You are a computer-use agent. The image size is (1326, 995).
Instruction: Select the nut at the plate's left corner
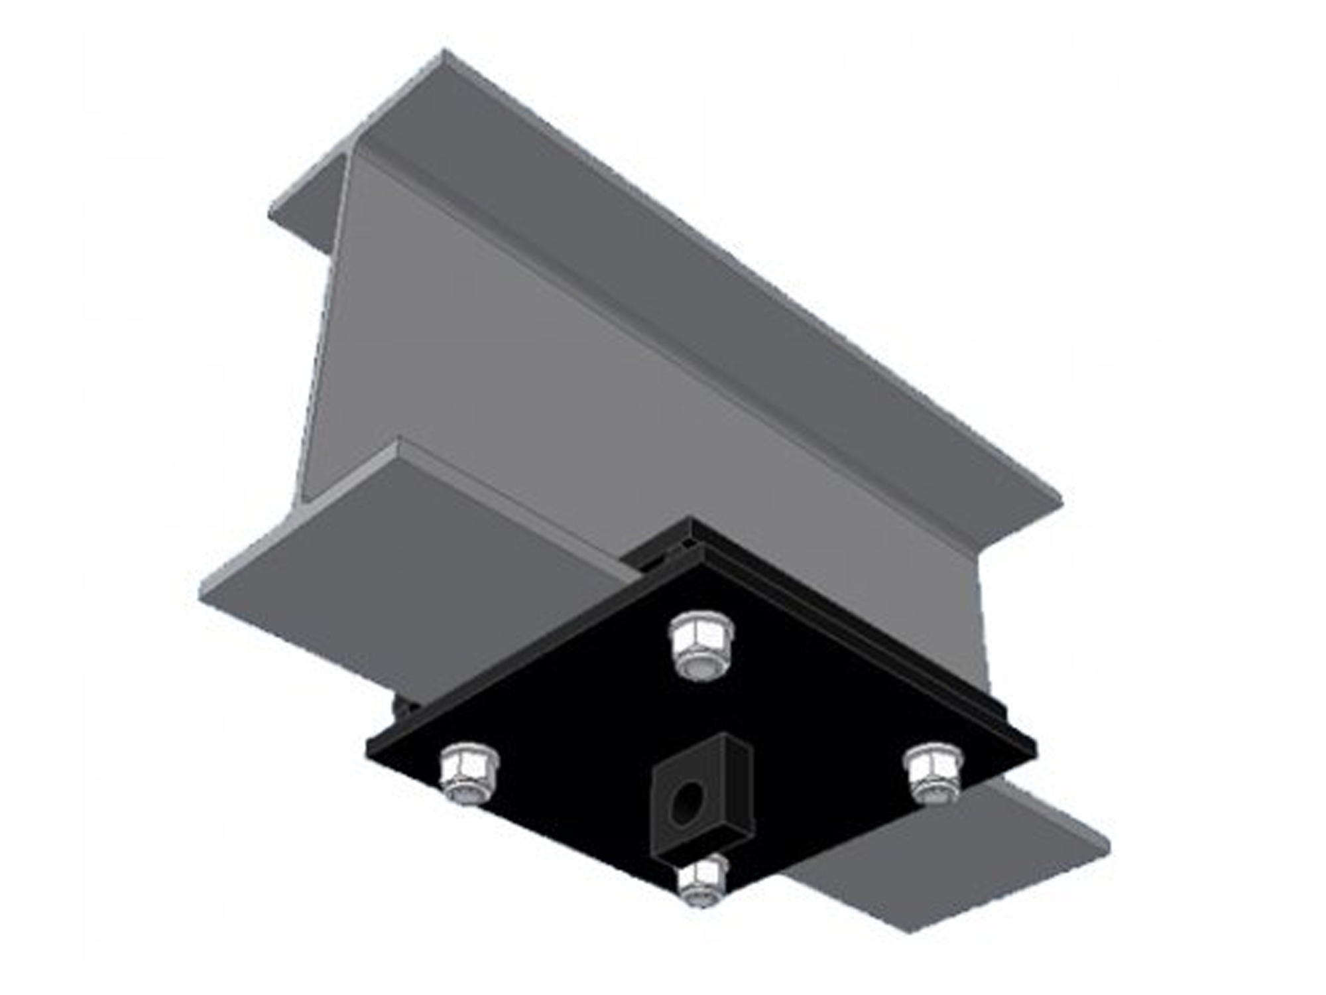[x=468, y=773]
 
